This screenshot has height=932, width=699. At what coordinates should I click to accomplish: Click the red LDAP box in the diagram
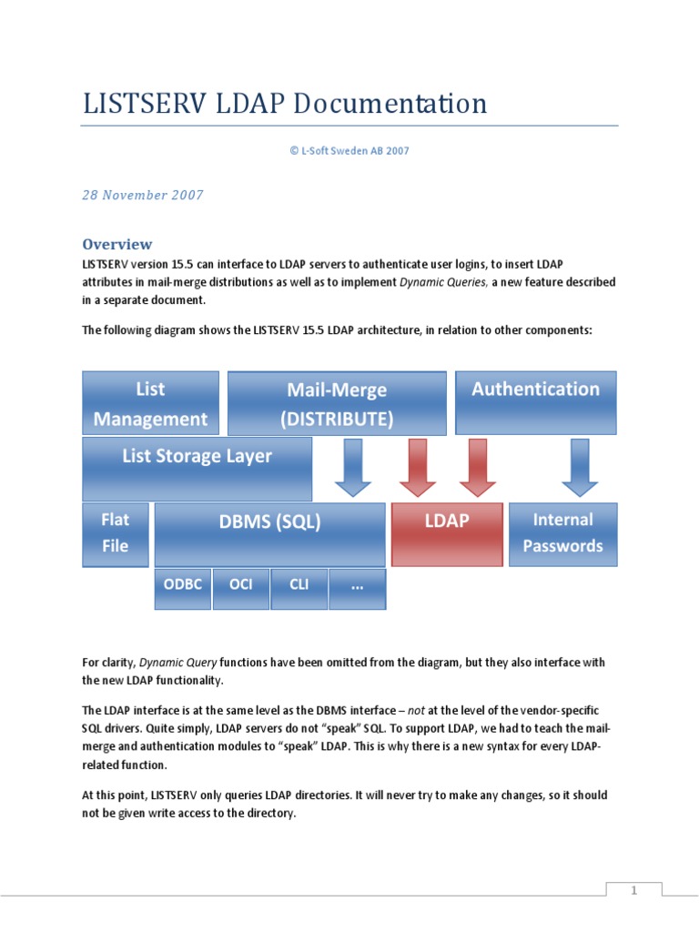447,534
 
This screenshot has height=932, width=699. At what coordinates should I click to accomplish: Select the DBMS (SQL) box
269,534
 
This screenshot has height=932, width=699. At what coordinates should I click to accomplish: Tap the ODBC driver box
183,588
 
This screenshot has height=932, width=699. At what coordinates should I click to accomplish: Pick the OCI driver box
241,588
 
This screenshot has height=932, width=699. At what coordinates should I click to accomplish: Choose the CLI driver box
299,588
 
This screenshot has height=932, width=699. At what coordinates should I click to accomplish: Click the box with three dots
357,588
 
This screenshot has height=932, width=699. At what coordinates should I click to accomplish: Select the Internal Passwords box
562,534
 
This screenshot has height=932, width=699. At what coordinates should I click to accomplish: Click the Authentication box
535,401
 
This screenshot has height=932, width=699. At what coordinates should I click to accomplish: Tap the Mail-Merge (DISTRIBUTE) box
337,403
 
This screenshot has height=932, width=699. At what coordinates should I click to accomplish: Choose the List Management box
150,403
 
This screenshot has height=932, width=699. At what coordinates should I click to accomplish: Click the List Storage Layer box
197,469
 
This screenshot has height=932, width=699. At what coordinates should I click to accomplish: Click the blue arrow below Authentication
580,467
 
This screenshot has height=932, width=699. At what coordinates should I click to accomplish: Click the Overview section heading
116,244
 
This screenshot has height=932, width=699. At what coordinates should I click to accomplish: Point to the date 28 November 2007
143,195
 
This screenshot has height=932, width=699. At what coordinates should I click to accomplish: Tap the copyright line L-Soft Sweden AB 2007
349,151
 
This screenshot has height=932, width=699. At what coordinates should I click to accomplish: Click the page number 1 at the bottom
634,891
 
